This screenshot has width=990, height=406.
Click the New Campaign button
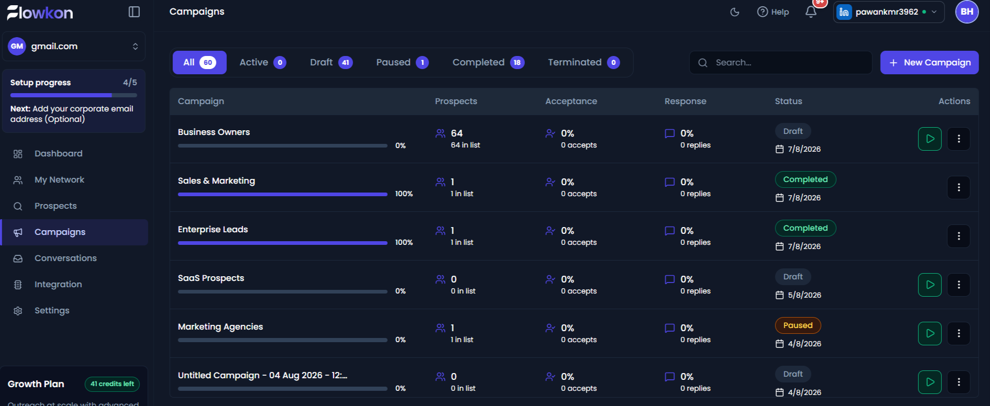[x=929, y=62]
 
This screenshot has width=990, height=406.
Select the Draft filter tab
[x=331, y=62]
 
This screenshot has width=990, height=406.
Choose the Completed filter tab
[x=488, y=62]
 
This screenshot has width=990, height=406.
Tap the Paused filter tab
[x=402, y=62]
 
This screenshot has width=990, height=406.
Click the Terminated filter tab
[x=584, y=62]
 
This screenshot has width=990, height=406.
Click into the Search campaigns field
[x=780, y=62]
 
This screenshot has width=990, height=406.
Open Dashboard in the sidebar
[x=58, y=153]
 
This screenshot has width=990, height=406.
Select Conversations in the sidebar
[x=65, y=258]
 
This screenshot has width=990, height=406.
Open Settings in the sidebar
[x=52, y=310]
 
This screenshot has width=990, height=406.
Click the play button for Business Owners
[x=930, y=139]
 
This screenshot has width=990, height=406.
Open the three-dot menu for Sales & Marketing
[x=959, y=187]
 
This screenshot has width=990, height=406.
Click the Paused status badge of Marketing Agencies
[x=798, y=325]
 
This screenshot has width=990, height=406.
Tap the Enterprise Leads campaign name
[x=213, y=229]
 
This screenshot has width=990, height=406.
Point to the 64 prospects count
[x=457, y=133]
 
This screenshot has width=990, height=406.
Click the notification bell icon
[x=811, y=12]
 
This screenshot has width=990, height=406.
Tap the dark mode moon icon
[x=735, y=12]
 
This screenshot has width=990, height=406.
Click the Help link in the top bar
[x=773, y=12]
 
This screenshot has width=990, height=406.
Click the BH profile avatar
[x=967, y=12]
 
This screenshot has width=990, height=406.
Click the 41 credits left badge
[x=112, y=384]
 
